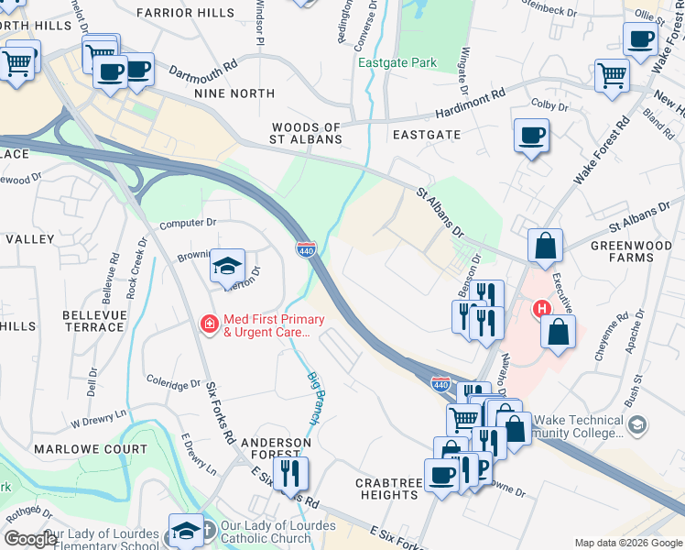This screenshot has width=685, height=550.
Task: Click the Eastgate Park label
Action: [397, 63]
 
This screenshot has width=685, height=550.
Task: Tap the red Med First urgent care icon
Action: [209, 324]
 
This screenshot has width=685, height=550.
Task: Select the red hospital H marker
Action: [542, 309]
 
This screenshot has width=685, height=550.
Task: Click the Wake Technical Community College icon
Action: [638, 424]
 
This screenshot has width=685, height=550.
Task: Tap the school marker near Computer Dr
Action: [227, 266]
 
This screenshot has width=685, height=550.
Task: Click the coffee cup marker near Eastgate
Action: [531, 136]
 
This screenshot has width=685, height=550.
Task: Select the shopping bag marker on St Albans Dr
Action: [546, 246]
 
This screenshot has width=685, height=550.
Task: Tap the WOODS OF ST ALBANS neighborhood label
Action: [306, 134]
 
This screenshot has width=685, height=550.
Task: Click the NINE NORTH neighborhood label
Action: [234, 93]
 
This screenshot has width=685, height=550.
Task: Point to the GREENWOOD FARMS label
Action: [635, 251]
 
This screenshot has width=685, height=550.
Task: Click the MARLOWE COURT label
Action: [90, 449]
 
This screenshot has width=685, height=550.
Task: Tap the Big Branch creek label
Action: [313, 397]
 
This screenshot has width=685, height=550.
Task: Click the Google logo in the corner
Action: [30, 539]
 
